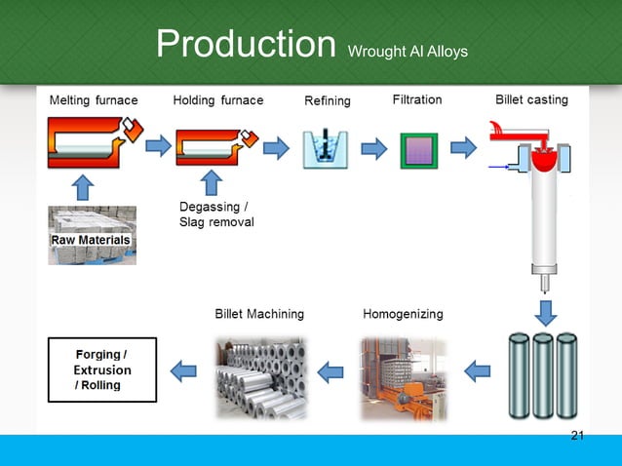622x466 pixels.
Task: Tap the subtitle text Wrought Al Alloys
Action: point(408,51)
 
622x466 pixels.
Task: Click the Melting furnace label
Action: point(94,100)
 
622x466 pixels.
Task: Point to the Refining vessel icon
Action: point(325,148)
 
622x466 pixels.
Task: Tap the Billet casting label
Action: point(531,100)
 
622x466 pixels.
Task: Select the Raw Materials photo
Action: point(93,235)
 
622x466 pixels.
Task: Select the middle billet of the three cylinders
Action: point(543,374)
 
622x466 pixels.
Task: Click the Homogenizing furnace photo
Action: point(403,379)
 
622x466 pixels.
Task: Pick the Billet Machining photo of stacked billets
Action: point(259,378)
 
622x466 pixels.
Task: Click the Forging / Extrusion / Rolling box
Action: point(100,369)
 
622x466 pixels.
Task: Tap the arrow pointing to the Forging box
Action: point(184,370)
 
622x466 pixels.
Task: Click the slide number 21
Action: point(577,435)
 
